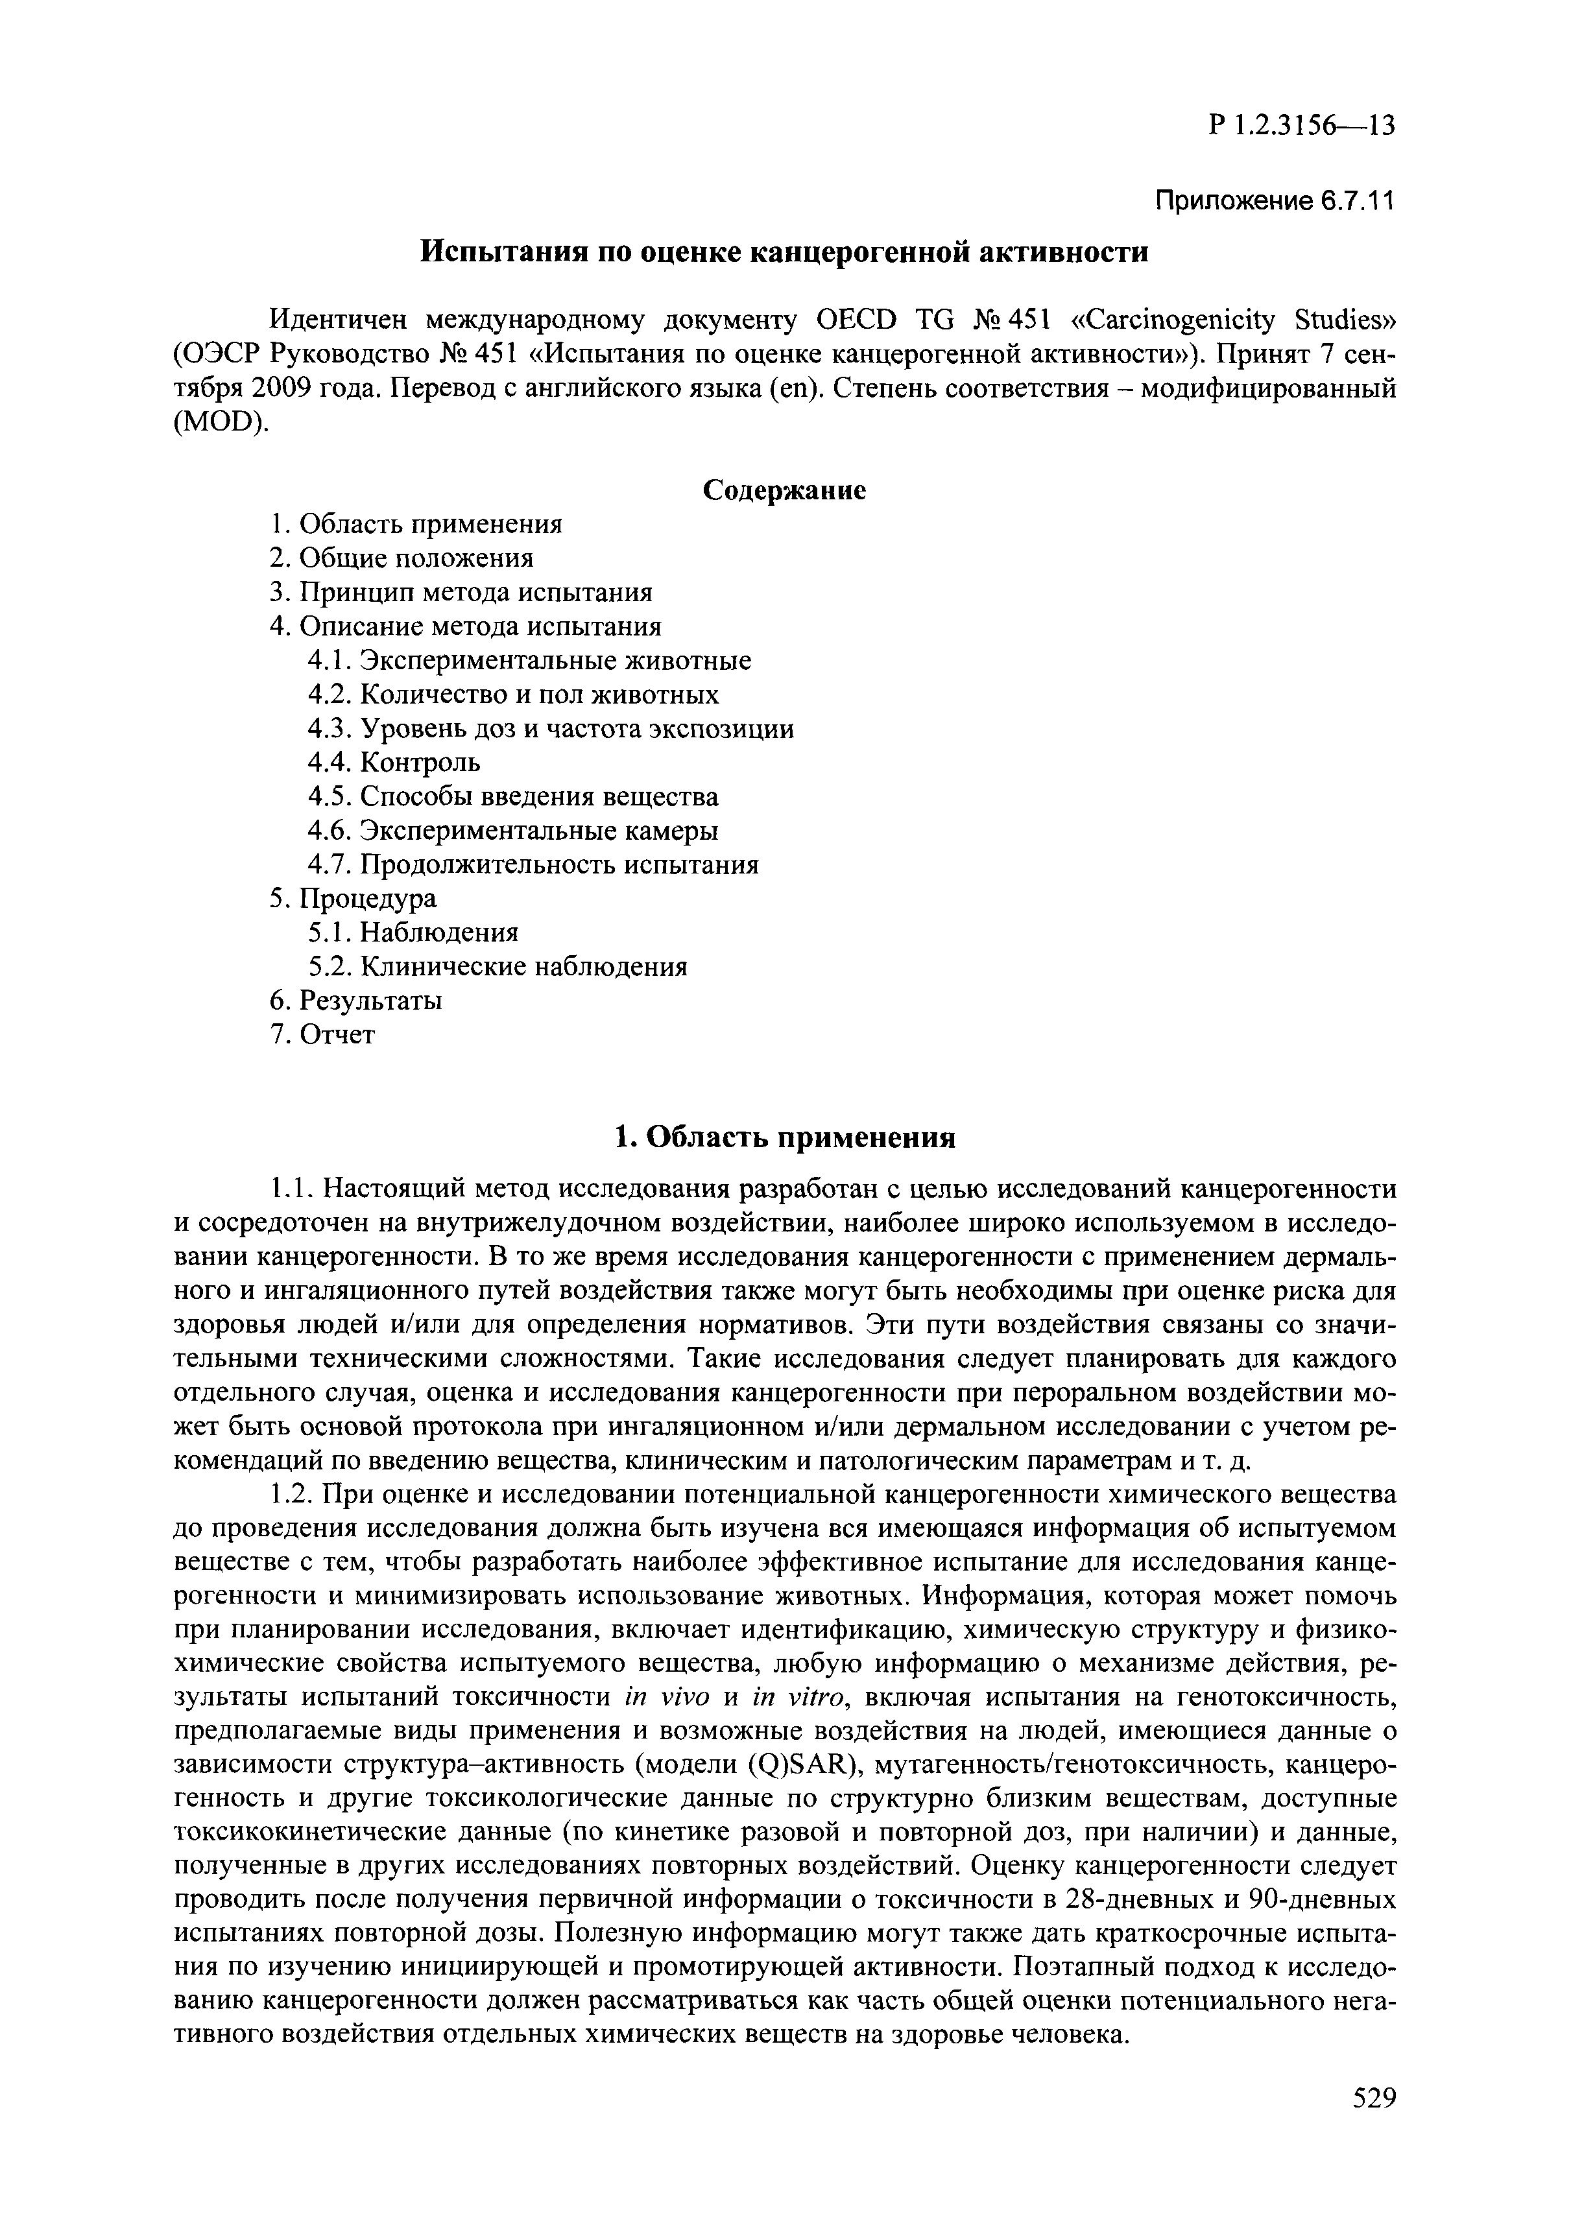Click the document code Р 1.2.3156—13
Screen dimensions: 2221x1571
tap(1301, 126)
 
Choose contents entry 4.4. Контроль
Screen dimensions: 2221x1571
tap(394, 762)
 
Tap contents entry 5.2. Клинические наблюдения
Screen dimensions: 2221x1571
tap(498, 966)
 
